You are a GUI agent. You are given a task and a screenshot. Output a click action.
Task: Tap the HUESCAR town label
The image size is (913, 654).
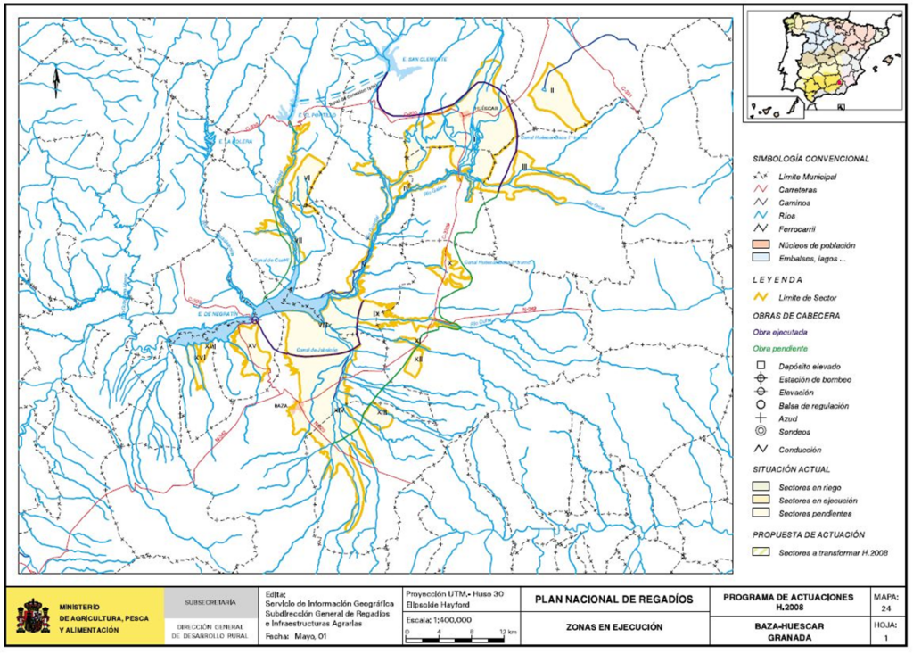point(487,104)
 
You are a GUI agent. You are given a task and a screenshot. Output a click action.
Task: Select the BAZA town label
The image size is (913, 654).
point(280,404)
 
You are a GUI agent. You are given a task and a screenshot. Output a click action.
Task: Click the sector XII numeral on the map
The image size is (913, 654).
point(419,358)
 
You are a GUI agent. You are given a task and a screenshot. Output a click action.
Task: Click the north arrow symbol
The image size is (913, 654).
point(56,83)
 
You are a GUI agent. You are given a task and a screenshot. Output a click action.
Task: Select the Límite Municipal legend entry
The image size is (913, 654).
point(807,178)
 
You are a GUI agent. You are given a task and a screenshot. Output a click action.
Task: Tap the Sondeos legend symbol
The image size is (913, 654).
point(761,431)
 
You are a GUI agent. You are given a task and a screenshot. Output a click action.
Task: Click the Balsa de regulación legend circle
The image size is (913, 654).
point(761,405)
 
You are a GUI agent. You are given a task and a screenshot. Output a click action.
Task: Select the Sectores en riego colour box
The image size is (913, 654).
point(761,486)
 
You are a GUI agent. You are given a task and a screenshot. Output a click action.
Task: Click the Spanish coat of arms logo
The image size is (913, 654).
point(33,616)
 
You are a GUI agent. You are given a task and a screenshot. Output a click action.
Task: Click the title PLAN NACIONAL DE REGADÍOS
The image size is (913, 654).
point(613,600)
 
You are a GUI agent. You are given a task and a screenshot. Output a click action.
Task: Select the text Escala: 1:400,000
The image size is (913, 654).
point(439,619)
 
